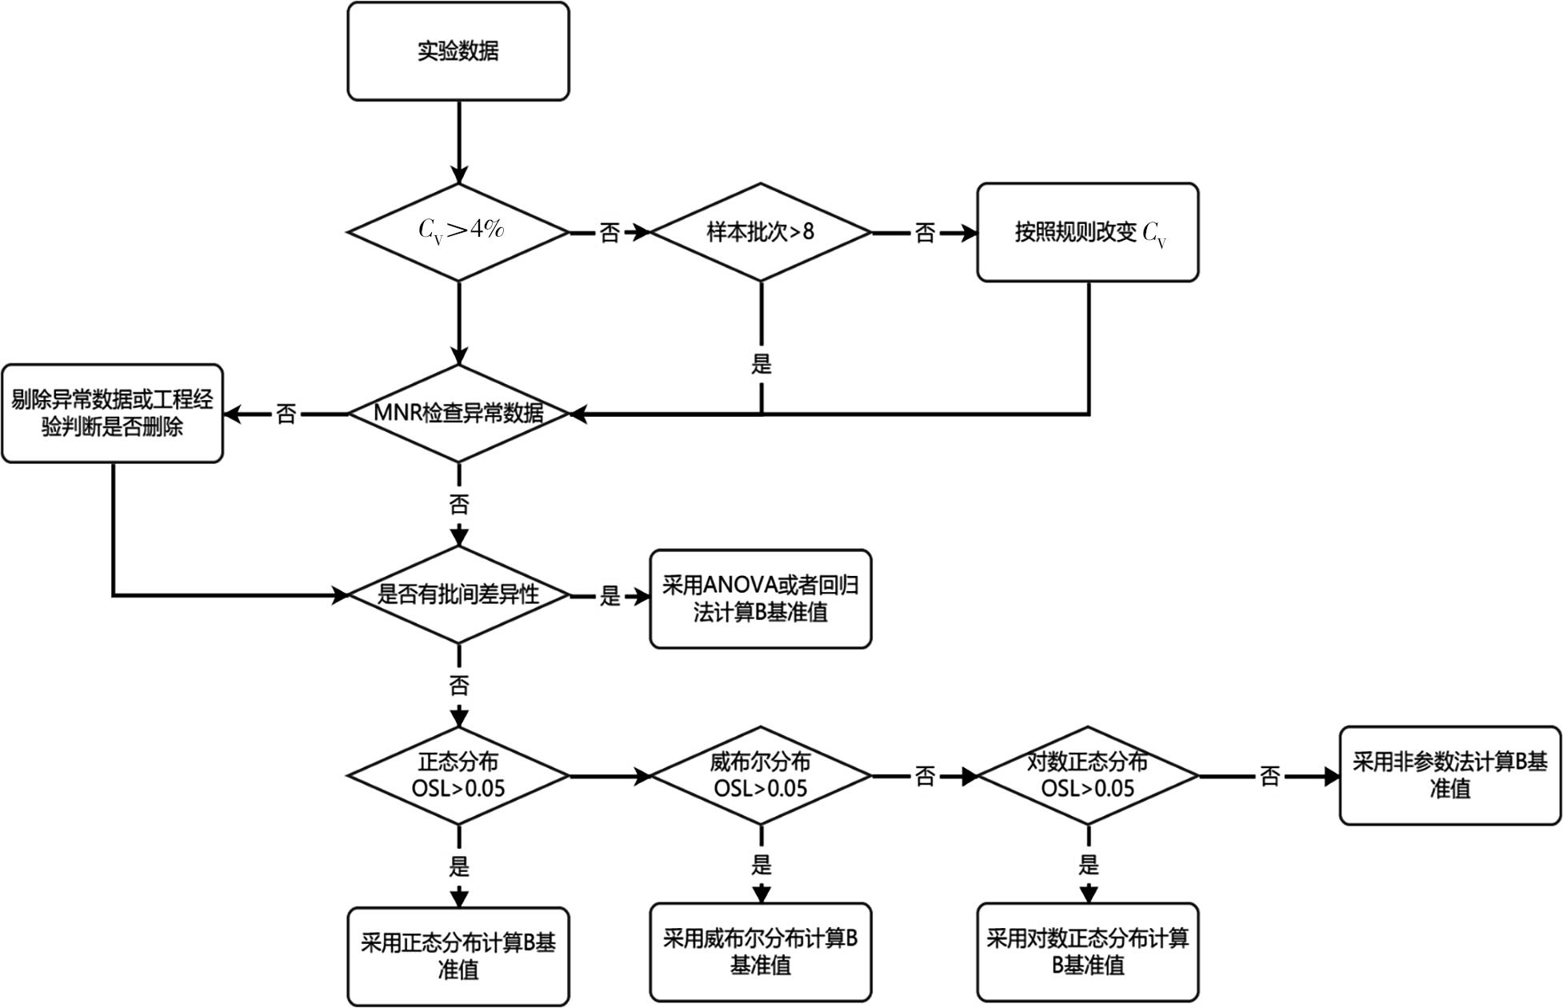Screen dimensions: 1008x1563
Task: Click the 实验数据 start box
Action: pyautogui.click(x=458, y=51)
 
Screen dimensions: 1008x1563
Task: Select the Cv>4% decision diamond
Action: pyautogui.click(x=458, y=232)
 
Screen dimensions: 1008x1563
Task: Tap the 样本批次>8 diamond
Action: pyautogui.click(x=761, y=232)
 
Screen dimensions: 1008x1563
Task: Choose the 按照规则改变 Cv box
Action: pyautogui.click(x=1088, y=232)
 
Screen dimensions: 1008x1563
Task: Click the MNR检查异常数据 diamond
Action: pyautogui.click(x=458, y=414)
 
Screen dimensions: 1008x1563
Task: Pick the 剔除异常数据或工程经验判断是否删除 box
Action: pyautogui.click(x=112, y=414)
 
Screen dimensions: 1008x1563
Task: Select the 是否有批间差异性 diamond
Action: pyautogui.click(x=458, y=594)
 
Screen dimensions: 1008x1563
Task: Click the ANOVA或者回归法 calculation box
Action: pyautogui.click(x=761, y=598)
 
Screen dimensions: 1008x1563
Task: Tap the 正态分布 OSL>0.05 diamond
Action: pyautogui.click(x=458, y=775)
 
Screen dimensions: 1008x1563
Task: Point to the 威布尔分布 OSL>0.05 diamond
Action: pyautogui.click(x=761, y=775)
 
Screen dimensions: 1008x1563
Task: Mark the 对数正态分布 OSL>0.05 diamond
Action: pyautogui.click(x=1088, y=775)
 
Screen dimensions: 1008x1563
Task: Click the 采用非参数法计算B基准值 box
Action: pyautogui.click(x=1450, y=775)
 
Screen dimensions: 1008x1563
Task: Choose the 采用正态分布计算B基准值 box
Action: pyautogui.click(x=458, y=956)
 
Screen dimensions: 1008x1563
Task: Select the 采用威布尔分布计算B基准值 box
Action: pyautogui.click(x=761, y=952)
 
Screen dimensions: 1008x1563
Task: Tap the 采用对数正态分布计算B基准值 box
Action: pyautogui.click(x=1088, y=952)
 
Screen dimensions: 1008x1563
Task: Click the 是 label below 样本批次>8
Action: pyautogui.click(x=762, y=365)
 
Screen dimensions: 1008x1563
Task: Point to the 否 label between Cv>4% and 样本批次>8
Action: pyautogui.click(x=610, y=233)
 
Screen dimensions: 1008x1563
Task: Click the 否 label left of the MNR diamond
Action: pyautogui.click(x=286, y=414)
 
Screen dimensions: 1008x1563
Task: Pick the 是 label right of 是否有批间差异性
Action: pyautogui.click(x=610, y=595)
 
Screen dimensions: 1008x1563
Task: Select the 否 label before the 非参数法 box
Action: pyautogui.click(x=1269, y=776)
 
